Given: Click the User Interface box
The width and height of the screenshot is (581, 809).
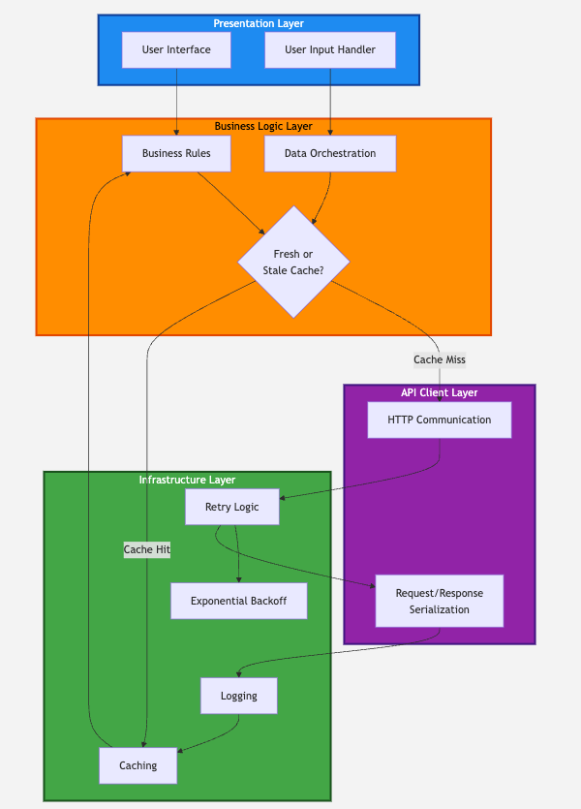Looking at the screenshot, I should (176, 50).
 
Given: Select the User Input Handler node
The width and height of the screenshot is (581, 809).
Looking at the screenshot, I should (330, 50).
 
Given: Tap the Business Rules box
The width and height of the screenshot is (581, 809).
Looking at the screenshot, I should (176, 153).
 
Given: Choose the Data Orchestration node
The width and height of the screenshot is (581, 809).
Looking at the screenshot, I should (330, 153).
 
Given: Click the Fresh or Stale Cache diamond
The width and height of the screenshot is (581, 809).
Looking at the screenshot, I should (293, 262).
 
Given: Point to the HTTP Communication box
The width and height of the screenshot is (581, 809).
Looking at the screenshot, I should (439, 420).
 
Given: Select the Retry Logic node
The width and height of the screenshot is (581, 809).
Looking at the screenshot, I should (231, 507).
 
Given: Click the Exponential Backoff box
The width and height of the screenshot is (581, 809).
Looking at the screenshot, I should (238, 601).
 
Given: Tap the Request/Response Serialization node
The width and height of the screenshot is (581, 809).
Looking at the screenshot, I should (439, 601).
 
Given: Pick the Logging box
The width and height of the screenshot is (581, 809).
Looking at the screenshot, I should (238, 696).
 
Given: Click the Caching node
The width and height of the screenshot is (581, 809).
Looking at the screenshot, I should (138, 765).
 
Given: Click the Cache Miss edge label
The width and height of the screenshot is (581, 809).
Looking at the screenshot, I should (439, 359).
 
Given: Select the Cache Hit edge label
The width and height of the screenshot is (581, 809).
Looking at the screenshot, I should (147, 549).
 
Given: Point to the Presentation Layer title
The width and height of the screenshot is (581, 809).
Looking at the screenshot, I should (259, 23).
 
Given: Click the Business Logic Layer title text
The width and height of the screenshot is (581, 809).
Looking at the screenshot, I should (263, 126).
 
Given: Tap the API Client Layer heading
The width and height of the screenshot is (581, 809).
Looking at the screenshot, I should (439, 392).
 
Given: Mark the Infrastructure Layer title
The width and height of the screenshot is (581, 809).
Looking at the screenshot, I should (187, 480).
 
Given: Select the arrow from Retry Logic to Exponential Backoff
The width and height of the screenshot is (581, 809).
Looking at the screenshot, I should (237, 557).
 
